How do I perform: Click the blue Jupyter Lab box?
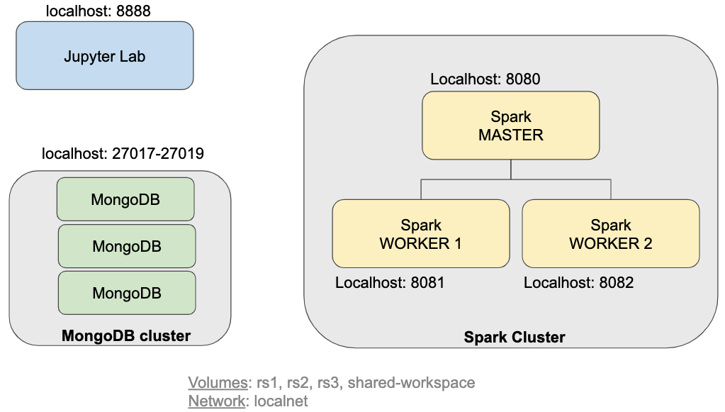[104, 55]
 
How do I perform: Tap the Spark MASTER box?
[510, 126]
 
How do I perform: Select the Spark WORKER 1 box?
[420, 233]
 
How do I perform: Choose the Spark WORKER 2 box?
[610, 233]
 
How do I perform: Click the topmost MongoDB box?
[125, 199]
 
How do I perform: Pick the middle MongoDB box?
[126, 246]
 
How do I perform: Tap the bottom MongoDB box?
[126, 292]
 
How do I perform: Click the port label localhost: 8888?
[98, 11]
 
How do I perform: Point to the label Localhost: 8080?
[485, 79]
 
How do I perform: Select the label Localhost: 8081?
[390, 283]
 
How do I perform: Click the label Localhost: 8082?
[578, 283]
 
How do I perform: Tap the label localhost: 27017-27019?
[123, 153]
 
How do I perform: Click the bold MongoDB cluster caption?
[126, 335]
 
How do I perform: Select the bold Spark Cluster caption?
[515, 338]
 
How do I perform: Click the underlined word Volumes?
[216, 383]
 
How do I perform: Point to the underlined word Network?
[215, 401]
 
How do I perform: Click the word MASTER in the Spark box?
[510, 135]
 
